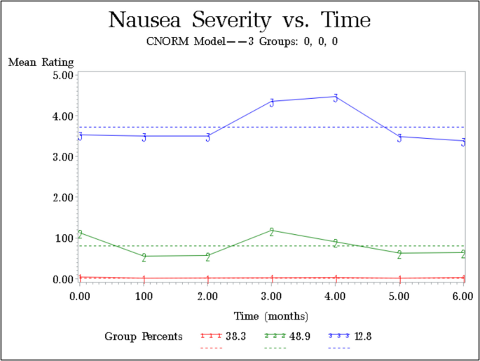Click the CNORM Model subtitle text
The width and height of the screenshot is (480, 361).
pos(240,41)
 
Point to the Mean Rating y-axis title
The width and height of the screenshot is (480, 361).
pos(41,62)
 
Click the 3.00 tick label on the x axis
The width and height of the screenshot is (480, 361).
pos(272,297)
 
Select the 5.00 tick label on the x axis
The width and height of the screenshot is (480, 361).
pos(399,297)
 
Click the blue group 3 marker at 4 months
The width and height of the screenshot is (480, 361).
pos(336,97)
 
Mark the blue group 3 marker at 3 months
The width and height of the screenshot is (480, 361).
pos(272,102)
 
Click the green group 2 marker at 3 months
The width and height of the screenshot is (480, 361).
pos(272,231)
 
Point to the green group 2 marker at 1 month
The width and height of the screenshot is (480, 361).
pos(144,257)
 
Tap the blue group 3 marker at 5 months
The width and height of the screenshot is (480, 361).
pos(399,137)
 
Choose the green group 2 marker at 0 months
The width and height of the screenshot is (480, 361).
pos(81,234)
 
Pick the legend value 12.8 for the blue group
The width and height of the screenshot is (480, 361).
pos(363,336)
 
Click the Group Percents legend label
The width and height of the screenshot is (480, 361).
pos(144,336)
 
